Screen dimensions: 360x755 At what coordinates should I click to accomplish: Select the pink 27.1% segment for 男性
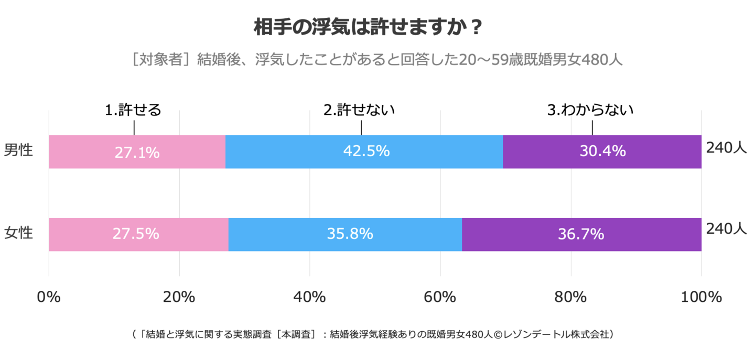[x=137, y=151]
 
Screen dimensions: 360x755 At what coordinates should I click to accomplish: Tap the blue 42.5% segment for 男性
[x=364, y=151]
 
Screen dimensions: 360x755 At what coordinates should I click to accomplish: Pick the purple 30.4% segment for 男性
[x=602, y=151]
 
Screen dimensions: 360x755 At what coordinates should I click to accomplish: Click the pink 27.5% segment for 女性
[x=138, y=234]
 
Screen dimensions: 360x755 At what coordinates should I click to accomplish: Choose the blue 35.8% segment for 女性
[x=345, y=234]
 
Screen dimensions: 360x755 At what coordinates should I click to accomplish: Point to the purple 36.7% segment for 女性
[x=581, y=234]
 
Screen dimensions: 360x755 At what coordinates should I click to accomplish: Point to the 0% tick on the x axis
[x=49, y=297]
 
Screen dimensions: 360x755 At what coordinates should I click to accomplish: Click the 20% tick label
[x=179, y=297]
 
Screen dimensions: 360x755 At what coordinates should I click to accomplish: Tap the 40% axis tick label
[x=310, y=297]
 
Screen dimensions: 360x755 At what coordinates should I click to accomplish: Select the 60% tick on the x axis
[x=440, y=297]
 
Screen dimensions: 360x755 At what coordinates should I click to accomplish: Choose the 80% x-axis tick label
[x=570, y=297]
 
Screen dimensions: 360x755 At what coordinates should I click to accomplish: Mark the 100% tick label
[x=701, y=297]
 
